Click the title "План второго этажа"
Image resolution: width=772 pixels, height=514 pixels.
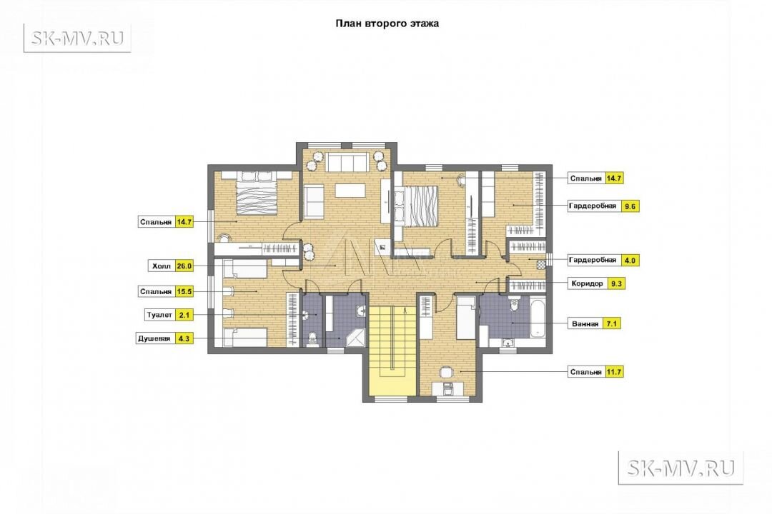[387, 23]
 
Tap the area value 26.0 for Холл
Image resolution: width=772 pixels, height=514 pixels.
[184, 266]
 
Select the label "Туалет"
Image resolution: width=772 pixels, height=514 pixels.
[159, 315]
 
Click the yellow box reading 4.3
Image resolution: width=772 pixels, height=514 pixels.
[183, 338]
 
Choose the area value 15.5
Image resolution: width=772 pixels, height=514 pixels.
[184, 292]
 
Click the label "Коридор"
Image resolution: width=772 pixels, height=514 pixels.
[588, 283]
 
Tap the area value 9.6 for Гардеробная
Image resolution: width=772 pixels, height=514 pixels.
[630, 206]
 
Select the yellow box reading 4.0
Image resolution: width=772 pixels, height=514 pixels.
[630, 260]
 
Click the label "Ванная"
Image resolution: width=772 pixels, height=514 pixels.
[585, 323]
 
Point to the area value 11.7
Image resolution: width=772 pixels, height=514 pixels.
[614, 372]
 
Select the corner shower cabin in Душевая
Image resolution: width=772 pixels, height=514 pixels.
[357, 338]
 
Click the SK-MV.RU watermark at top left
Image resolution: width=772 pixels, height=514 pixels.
[77, 38]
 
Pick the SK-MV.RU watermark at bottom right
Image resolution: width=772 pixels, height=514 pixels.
[681, 468]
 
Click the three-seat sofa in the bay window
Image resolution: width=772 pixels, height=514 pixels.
[347, 162]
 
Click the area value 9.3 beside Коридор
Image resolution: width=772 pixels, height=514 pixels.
[616, 283]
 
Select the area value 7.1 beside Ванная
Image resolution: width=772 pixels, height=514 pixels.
[611, 323]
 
